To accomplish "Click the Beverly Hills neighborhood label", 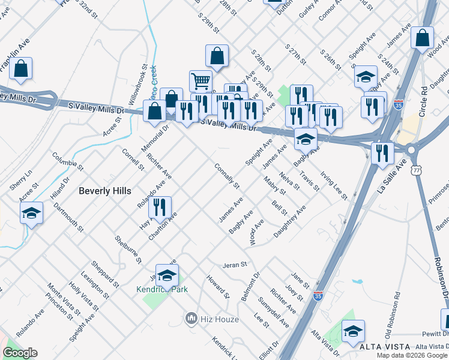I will tap(105, 191).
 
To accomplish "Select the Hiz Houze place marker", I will tap(191, 317).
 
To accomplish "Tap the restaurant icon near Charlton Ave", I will tap(159, 207).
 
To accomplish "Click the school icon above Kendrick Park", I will tap(167, 275).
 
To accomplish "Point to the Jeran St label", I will tap(235, 264).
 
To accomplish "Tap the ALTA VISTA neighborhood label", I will tap(385, 347).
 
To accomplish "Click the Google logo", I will tap(20, 353).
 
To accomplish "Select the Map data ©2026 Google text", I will tap(412, 355).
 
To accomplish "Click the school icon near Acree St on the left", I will tap(31, 212).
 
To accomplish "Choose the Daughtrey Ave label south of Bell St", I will tap(290, 221).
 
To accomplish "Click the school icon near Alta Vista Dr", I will tap(353, 331).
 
